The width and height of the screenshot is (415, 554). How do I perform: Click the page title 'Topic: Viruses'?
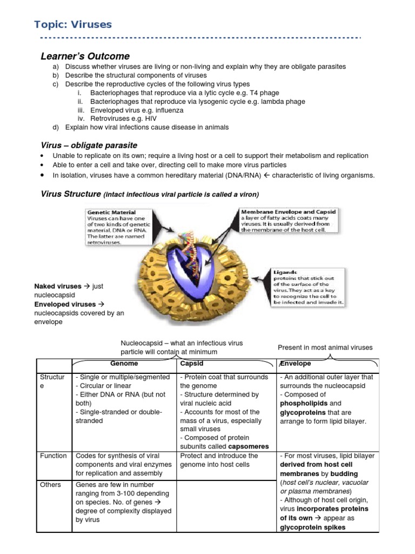pos(73,24)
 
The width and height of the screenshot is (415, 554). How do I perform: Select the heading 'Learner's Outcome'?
pos(85,56)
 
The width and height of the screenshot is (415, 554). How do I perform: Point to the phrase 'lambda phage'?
pos(285,101)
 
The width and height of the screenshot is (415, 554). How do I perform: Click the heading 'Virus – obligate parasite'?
pos(89,145)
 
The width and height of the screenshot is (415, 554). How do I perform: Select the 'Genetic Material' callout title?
pos(111,213)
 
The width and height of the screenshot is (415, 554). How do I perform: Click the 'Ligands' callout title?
pos(285,272)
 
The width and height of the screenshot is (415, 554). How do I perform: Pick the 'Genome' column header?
pos(124,364)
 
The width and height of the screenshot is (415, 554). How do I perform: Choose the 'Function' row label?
pos(53,456)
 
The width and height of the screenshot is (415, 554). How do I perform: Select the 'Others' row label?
pos(50,485)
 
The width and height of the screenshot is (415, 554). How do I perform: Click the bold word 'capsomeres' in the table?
pos(248,446)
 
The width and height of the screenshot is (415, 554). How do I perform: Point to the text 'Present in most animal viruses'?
pos(325,347)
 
